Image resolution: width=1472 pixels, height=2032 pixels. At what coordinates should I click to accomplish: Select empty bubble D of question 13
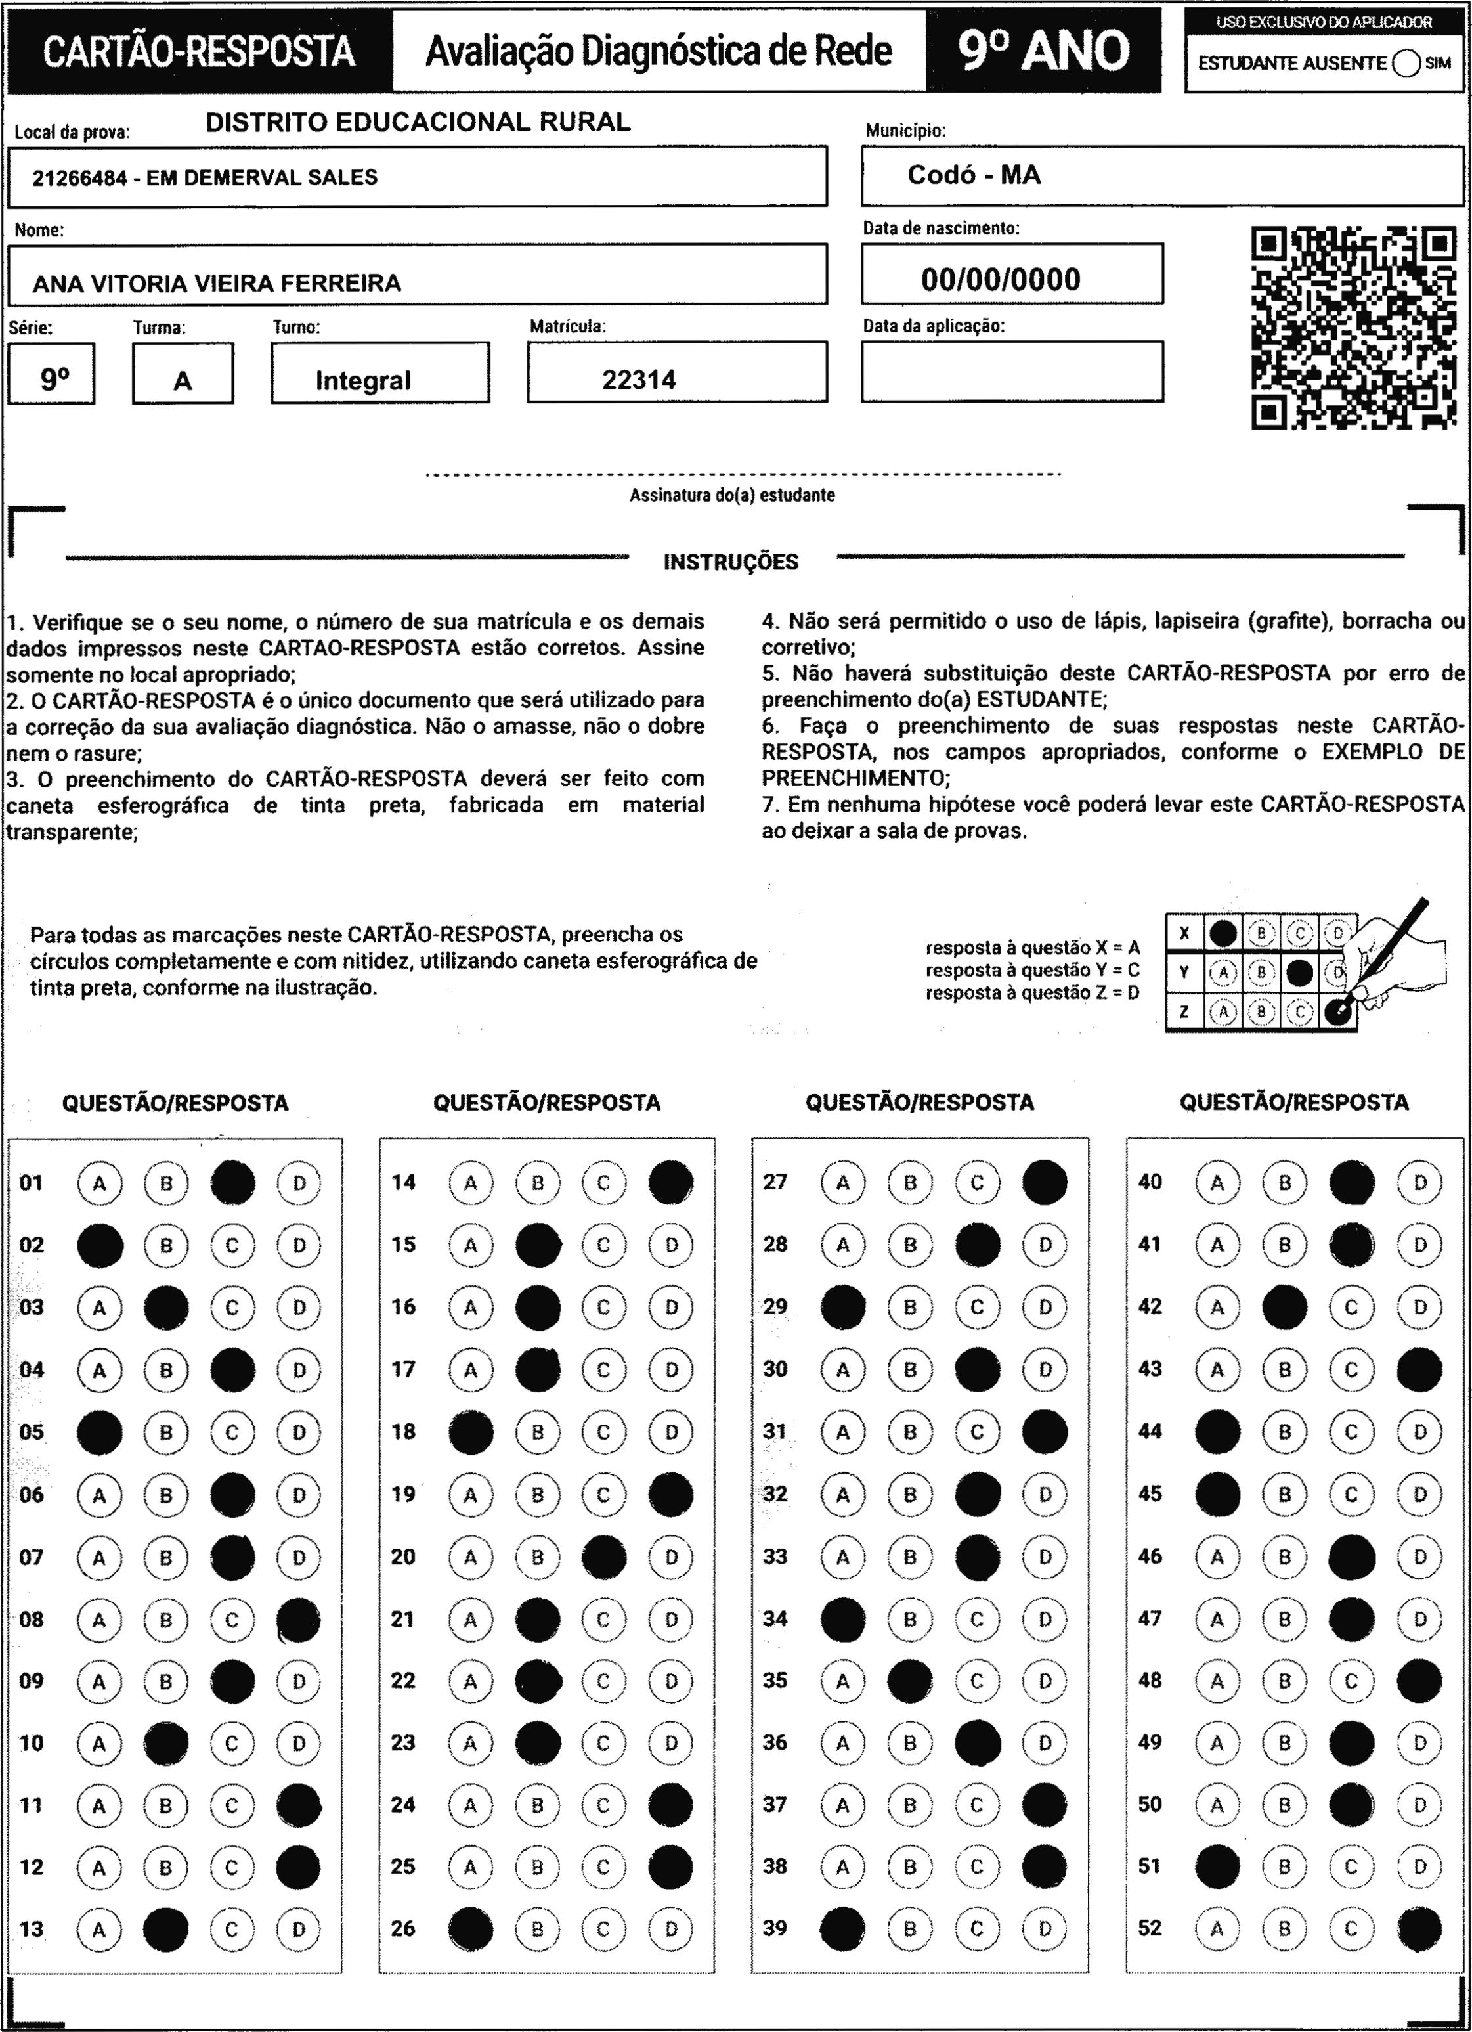coord(299,1929)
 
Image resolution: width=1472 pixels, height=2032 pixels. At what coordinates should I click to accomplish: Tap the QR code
coord(1353,327)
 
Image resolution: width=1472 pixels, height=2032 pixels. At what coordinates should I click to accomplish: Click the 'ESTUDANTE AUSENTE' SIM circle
coord(1406,64)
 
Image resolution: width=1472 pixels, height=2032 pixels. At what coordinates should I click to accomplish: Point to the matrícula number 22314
coord(639,380)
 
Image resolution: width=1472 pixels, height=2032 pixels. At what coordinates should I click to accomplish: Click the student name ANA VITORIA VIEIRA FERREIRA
coord(217,283)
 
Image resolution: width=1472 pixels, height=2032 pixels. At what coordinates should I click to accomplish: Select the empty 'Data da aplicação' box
coord(1012,371)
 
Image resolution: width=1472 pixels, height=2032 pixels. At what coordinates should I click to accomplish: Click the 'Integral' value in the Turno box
coord(363,381)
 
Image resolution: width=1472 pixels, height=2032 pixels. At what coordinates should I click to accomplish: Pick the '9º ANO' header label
coord(1044,50)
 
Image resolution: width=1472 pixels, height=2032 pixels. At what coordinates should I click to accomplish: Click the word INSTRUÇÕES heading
coord(730,563)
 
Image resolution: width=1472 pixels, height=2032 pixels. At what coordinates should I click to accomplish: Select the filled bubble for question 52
coord(1419,1929)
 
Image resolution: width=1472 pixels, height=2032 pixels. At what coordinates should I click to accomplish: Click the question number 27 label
coord(775,1182)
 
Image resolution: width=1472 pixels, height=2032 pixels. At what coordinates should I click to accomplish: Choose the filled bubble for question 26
coord(470,1929)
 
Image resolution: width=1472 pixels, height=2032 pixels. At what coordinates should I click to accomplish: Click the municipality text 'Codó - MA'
coord(974,175)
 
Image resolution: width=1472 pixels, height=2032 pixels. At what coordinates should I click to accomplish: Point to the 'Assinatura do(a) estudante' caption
coord(732,495)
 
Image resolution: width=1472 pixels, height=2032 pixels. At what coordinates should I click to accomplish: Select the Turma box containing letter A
coord(183,374)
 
